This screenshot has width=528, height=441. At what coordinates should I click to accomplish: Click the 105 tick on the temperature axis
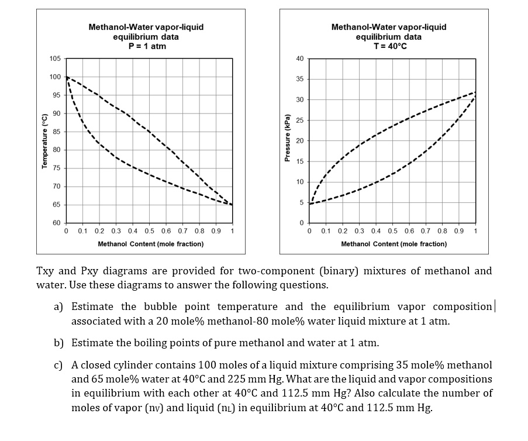point(56,58)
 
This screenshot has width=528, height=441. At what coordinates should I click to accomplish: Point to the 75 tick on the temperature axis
point(57,168)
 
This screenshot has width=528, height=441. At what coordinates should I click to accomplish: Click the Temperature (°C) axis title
point(44,141)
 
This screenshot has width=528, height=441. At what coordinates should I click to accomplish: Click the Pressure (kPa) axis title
point(287,140)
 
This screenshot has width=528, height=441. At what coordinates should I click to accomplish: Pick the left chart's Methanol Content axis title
point(150,244)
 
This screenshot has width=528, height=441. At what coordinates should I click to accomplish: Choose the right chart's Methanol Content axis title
point(394,244)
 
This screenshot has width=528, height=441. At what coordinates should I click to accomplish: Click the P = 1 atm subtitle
point(146,46)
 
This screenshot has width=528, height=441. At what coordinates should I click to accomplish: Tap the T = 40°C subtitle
point(389,46)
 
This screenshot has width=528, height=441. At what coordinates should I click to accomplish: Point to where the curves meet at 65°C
point(233,205)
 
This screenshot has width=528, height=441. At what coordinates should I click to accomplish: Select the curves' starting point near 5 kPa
point(310,203)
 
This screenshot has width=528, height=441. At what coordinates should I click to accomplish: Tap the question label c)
point(58,364)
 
